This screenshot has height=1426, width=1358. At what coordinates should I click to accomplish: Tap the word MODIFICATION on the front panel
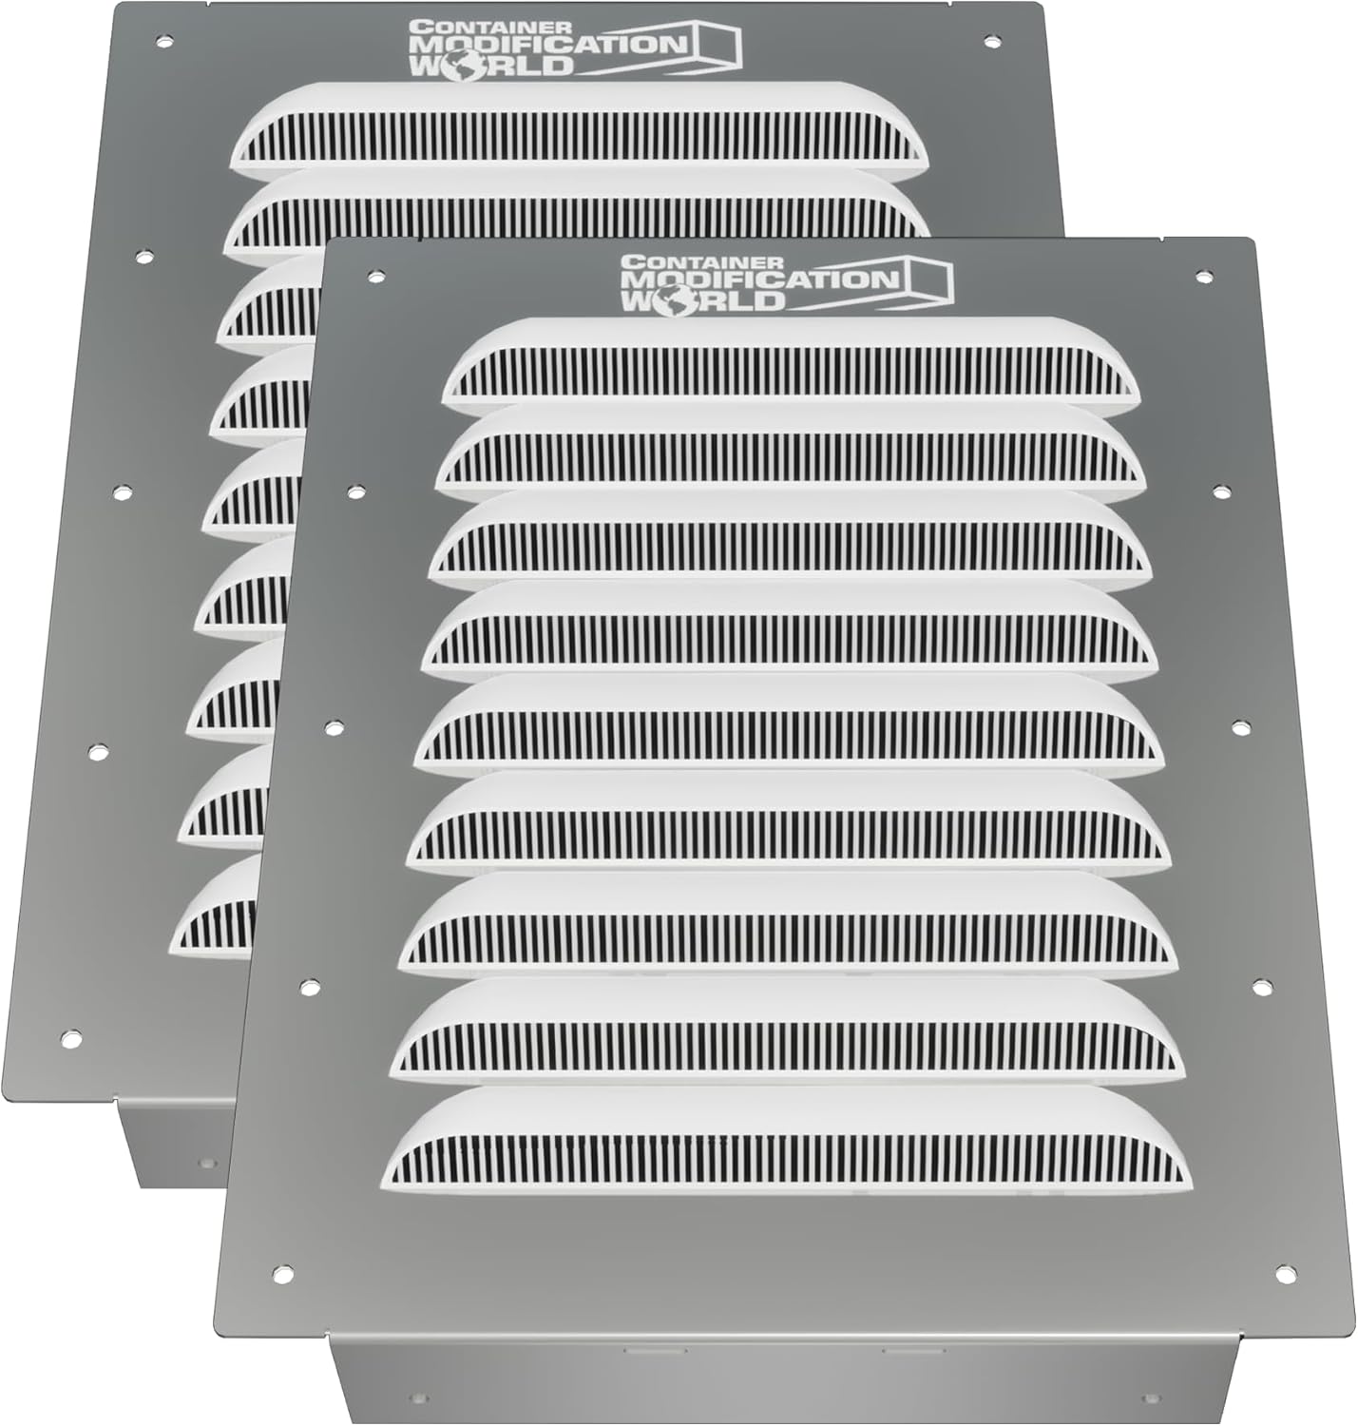pos(757,279)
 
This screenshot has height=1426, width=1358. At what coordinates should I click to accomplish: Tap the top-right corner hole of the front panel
pos(1202,276)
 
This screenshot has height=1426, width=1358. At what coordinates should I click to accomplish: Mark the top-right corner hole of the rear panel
pos(991,42)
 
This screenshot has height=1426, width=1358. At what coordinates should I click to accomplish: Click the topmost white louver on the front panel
pos(792,357)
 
